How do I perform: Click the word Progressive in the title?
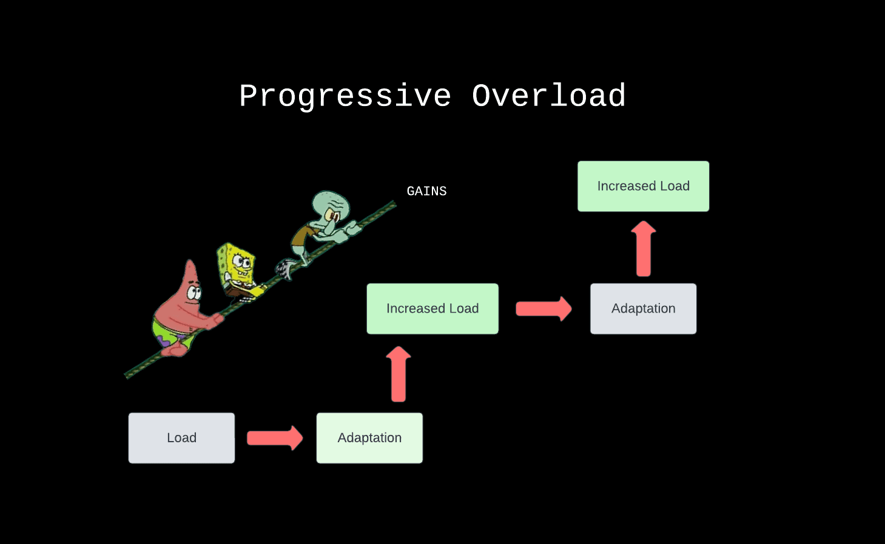(x=345, y=96)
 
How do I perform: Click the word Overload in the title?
(x=548, y=96)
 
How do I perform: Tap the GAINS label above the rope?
(x=426, y=191)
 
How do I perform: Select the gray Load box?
(x=181, y=438)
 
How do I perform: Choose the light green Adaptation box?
(x=369, y=438)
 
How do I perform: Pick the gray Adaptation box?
(x=643, y=309)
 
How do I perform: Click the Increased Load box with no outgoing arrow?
(x=643, y=186)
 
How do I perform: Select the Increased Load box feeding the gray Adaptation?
(x=432, y=309)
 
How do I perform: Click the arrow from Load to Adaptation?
(x=275, y=437)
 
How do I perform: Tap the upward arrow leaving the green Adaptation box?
(x=399, y=374)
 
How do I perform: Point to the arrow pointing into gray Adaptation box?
(x=543, y=309)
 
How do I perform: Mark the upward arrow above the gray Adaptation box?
(x=644, y=248)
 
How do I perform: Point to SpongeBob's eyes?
(x=242, y=262)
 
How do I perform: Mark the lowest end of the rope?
(x=127, y=376)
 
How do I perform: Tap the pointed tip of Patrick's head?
(x=190, y=262)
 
